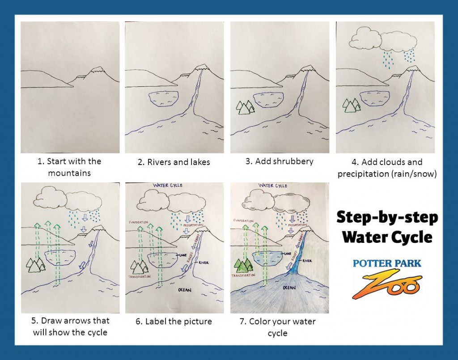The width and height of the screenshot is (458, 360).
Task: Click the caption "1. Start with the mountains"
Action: [69, 167]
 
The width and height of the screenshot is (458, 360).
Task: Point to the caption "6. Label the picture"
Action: [174, 322]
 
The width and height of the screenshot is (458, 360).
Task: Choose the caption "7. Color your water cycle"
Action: [279, 327]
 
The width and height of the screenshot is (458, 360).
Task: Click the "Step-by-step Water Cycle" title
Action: [387, 227]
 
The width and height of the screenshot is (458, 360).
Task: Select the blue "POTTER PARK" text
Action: [387, 263]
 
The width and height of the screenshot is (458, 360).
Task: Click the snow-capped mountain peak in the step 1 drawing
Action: [97, 70]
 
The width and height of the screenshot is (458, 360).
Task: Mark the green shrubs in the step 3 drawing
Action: [244, 107]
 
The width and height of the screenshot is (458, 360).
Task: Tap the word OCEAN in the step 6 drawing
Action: [184, 290]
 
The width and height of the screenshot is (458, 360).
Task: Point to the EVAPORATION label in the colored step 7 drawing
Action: [244, 220]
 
